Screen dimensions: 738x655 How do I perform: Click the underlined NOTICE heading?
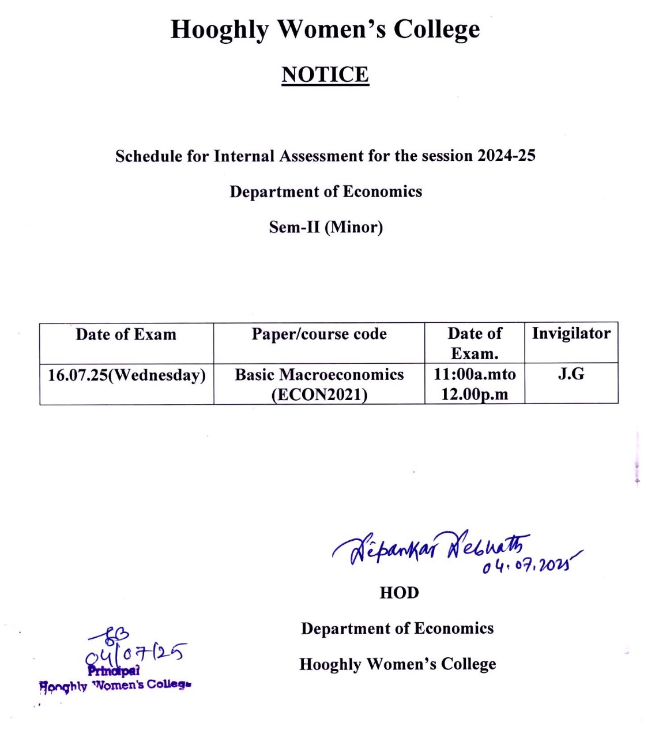tap(325, 75)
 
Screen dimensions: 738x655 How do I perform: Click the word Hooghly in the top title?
tap(220, 29)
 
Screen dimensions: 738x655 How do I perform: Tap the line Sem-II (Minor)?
tap(326, 227)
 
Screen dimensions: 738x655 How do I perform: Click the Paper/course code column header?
tap(319, 334)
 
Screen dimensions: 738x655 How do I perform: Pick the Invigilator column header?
tap(571, 333)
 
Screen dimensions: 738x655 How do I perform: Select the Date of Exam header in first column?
tap(126, 334)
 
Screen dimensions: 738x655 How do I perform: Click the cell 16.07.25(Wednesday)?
tap(126, 375)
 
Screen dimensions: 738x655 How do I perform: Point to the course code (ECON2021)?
tap(319, 395)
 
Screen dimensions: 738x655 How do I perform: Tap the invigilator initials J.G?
tap(571, 374)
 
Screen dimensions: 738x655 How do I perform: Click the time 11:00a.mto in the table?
tap(475, 374)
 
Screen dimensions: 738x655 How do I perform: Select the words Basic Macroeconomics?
tap(319, 375)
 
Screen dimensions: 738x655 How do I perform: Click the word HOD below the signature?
tap(399, 593)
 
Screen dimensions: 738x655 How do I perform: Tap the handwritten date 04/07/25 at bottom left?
tap(136, 653)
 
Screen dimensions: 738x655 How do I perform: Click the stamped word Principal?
tap(114, 671)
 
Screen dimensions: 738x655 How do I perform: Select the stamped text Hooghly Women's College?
tap(115, 686)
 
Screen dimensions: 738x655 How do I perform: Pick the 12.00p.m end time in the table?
tap(475, 395)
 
